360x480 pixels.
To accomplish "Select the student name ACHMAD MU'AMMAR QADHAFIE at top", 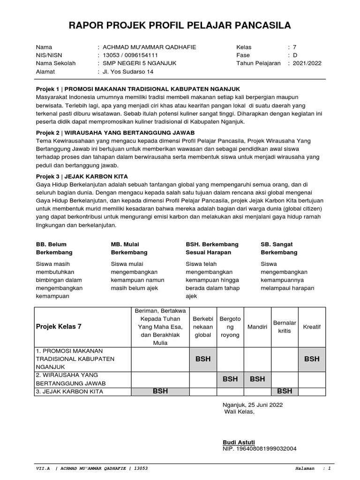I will click(x=147, y=47).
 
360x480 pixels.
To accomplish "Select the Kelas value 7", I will click(x=295, y=47).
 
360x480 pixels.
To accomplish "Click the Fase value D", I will click(x=295, y=55).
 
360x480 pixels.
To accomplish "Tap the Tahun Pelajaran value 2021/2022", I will click(x=307, y=63).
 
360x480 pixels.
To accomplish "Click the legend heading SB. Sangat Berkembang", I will click(x=279, y=248).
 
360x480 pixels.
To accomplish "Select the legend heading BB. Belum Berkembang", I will click(x=52, y=248).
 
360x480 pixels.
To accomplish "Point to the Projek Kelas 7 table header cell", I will click(x=59, y=327).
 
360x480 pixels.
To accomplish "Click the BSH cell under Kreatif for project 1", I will click(x=312, y=359).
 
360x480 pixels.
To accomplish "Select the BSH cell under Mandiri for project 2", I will click(x=257, y=379).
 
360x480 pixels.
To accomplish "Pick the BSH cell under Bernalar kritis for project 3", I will click(x=285, y=391).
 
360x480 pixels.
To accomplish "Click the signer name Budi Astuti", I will click(x=239, y=442).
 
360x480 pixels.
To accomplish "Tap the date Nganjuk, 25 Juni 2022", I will click(x=253, y=405).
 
